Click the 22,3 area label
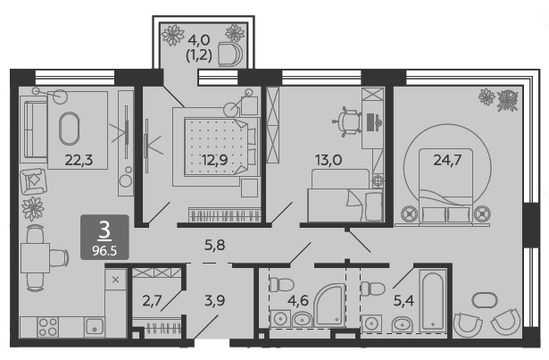(x=79, y=160)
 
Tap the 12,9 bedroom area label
(x=214, y=160)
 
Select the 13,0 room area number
(x=329, y=160)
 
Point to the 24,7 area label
(x=447, y=160)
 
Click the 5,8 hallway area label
(x=214, y=245)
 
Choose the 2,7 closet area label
(x=152, y=300)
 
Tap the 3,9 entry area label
(x=214, y=300)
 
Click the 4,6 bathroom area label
(x=298, y=300)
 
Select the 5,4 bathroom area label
(x=403, y=300)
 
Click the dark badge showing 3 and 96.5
(x=104, y=238)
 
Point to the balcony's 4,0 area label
(x=199, y=40)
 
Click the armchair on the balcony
(x=230, y=54)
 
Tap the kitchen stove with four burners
(x=47, y=327)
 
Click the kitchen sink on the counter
(x=94, y=327)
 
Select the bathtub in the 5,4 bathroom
(x=433, y=301)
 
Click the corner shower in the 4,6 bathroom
(x=329, y=305)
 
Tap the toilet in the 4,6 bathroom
(x=281, y=284)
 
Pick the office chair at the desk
(x=347, y=121)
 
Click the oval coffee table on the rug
(x=70, y=129)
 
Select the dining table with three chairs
(x=35, y=258)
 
